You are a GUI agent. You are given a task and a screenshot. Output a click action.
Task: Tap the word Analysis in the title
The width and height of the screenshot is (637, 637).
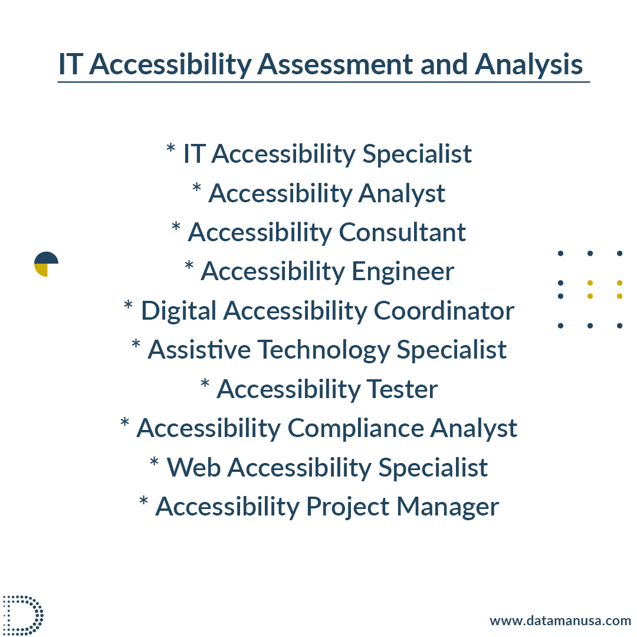coord(528,65)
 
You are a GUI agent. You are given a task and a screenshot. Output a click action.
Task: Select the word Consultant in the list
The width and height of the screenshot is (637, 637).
coord(402,232)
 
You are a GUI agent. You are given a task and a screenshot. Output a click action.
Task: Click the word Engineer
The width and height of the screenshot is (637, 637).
coord(403,272)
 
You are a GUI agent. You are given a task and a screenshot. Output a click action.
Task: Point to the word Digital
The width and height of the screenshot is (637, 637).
coord(178,311)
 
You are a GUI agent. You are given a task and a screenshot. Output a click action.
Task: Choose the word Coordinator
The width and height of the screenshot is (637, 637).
coord(444,311)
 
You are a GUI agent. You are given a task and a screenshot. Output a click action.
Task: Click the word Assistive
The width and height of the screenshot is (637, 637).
coord(199,349)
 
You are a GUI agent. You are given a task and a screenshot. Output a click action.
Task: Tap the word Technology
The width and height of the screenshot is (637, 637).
coord(324,350)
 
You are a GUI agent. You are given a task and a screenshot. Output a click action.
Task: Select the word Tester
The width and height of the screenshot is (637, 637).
coord(402,389)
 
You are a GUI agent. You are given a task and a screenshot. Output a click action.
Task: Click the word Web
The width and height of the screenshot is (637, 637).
coord(194,467)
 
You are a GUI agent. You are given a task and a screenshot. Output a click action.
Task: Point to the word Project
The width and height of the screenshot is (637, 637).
coord(347,507)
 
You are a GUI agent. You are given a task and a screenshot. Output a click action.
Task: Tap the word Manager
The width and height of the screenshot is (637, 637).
coord(447,507)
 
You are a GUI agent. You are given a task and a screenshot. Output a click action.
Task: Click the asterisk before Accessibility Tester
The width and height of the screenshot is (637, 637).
coord(205,383)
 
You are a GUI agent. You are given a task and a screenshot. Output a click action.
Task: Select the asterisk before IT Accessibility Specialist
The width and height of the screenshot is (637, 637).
coord(170,147)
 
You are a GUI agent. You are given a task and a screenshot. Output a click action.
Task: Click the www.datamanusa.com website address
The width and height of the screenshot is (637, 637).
coord(560,620)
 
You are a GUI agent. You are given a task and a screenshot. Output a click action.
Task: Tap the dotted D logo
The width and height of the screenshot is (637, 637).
coord(23,615)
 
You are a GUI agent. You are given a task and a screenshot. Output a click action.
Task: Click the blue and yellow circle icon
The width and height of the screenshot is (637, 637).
coord(46,264)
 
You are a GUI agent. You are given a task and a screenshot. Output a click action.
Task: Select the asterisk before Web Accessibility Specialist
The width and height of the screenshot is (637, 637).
coord(154,461)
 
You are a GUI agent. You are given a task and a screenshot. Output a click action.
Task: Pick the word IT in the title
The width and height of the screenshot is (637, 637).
coord(71,64)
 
